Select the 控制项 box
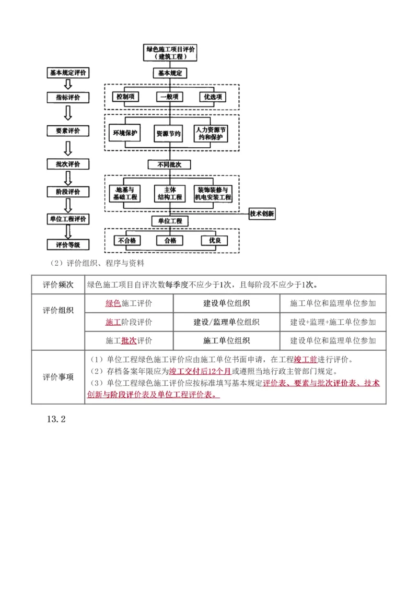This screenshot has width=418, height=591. tap(126, 97)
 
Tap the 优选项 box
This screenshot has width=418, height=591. tap(213, 97)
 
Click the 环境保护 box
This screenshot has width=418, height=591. tap(125, 134)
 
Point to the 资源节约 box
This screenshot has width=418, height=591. tap(169, 134)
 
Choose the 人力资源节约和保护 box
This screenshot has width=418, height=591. tap(212, 134)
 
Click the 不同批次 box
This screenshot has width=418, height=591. tap(169, 164)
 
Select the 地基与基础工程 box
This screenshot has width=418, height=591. tap(125, 194)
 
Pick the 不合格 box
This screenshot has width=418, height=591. tap(127, 241)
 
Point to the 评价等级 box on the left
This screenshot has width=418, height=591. tap(68, 244)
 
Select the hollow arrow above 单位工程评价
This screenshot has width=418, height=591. tap(68, 206)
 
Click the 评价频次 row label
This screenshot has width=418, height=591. tap(59, 285)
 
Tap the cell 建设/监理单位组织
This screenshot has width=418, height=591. tap(226, 322)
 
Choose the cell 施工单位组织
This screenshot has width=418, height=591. tap(226, 341)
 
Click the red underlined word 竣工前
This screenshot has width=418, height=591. tap(306, 360)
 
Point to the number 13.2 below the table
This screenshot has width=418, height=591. tap(56, 419)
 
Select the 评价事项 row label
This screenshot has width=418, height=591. tap(59, 377)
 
